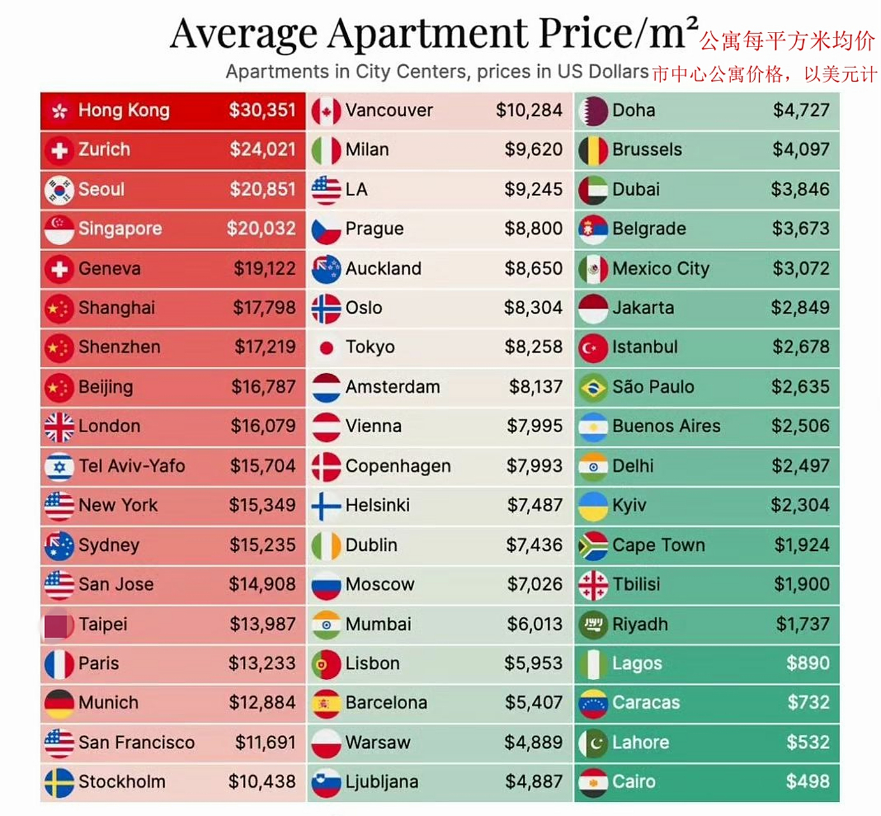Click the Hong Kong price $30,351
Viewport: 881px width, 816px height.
[262, 110]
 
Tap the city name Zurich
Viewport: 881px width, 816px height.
[104, 150]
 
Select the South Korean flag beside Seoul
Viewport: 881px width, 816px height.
[59, 189]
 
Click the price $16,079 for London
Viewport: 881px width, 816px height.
[263, 426]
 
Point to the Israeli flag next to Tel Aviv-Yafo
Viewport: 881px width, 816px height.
[59, 466]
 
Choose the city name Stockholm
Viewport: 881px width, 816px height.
[122, 782]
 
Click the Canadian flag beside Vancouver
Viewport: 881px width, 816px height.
[326, 111]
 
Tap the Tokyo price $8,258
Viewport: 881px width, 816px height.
[533, 347]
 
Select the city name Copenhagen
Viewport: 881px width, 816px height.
[398, 466]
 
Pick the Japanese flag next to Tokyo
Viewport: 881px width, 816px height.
[326, 347]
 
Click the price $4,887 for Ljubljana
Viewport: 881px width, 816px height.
[533, 782]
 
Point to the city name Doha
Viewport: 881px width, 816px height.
[633, 110]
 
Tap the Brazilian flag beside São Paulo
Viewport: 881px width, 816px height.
[593, 387]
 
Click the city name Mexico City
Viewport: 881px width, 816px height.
[660, 268]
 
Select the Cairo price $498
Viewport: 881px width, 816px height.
[807, 782]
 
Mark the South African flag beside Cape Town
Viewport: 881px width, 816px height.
[593, 545]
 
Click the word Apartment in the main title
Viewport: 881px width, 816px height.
[428, 33]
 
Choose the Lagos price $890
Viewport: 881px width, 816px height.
[807, 663]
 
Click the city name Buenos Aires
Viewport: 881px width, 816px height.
[666, 426]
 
